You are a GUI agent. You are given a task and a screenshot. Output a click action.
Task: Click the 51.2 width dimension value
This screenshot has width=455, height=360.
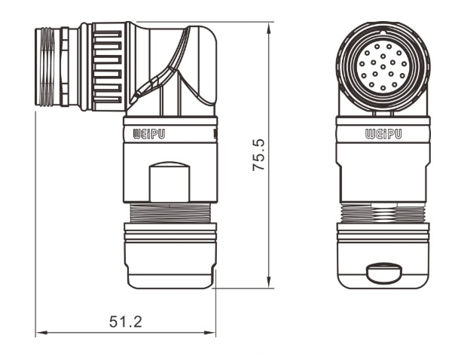(x=125, y=322)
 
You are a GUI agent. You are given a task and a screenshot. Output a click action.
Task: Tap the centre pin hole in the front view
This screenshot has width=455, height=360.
(x=381, y=69)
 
